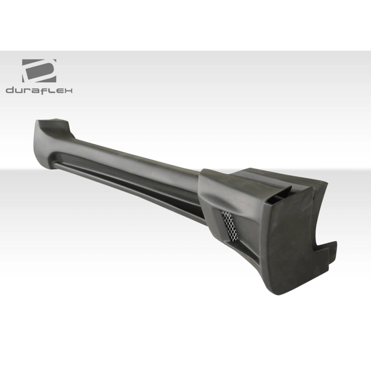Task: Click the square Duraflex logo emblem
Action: pyautogui.click(x=39, y=71)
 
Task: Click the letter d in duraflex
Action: pyautogui.click(x=10, y=90)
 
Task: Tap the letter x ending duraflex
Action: pyautogui.click(x=68, y=90)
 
